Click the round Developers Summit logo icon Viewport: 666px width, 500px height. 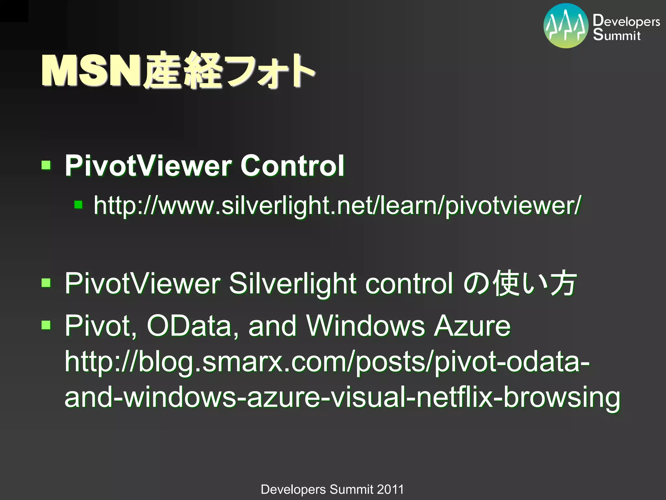(566, 26)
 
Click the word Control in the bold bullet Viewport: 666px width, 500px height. (292, 166)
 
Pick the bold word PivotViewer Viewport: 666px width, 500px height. (148, 166)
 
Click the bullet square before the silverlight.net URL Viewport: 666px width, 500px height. (78, 205)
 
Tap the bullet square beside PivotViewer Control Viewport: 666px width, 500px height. (46, 165)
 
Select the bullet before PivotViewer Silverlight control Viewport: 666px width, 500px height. (46, 283)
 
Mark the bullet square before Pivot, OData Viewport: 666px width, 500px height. (46, 325)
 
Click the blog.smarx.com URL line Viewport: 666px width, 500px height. (327, 362)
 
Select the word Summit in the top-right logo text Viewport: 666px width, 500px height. (617, 35)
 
